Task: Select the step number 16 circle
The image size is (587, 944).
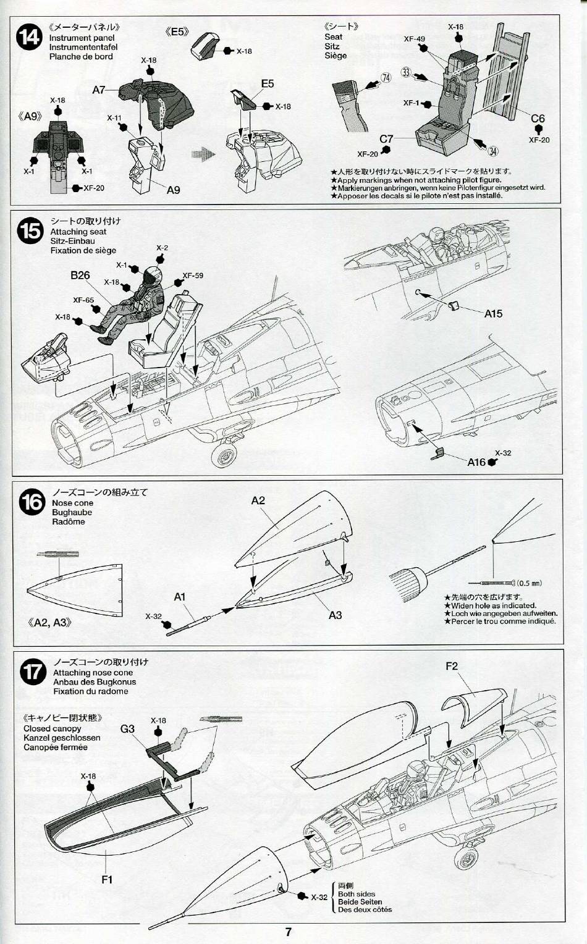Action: point(32,502)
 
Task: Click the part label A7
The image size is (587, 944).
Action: point(99,90)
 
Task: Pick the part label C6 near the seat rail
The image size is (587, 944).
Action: point(538,119)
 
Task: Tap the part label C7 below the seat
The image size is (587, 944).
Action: point(387,139)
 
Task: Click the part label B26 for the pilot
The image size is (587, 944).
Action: point(80,276)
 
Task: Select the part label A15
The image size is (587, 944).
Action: point(493,314)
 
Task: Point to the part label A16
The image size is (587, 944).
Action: point(476,461)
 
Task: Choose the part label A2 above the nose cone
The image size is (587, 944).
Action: point(258,500)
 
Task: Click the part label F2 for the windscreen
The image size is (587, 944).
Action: point(452,666)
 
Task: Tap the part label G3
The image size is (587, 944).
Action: point(127,729)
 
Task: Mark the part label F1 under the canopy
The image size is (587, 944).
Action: point(107,879)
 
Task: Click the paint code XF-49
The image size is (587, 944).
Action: point(415,38)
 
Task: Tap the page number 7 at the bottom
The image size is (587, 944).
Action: point(289,932)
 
